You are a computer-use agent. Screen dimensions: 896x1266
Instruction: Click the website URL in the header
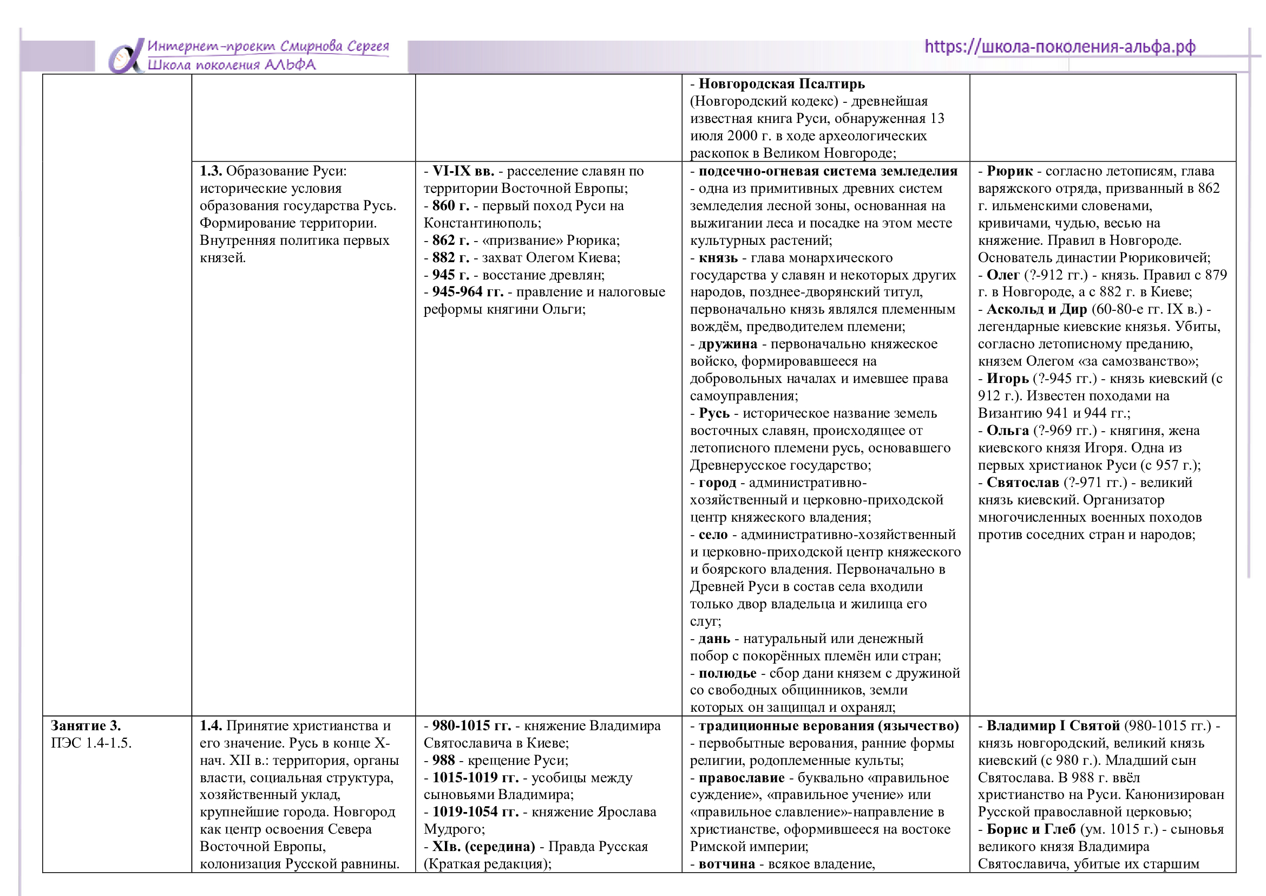(x=1059, y=47)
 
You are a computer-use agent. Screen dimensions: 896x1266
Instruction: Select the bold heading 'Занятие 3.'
(x=86, y=726)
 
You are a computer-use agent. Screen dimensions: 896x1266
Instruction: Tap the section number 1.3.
(x=211, y=172)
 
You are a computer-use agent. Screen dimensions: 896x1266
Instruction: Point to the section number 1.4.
(x=211, y=726)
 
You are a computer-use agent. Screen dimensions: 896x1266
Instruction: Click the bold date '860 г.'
(x=450, y=206)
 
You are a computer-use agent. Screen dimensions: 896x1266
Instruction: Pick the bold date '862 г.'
(x=450, y=241)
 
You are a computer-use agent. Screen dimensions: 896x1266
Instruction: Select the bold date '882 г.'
(x=450, y=258)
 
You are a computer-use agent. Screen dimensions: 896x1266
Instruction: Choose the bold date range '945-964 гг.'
(x=468, y=292)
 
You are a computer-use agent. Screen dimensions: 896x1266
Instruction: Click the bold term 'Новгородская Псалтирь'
(x=782, y=85)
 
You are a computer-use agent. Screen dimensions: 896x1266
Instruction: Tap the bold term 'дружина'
(x=727, y=345)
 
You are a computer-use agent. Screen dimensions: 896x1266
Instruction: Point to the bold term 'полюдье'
(x=727, y=673)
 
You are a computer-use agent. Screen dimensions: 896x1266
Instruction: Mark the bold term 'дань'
(x=714, y=639)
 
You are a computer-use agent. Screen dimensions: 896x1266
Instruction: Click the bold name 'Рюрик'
(x=1009, y=172)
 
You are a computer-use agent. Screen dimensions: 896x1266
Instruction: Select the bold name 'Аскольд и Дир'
(x=1037, y=309)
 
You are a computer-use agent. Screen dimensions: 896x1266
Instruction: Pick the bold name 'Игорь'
(x=1007, y=379)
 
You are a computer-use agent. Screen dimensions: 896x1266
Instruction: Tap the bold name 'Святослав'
(x=1022, y=483)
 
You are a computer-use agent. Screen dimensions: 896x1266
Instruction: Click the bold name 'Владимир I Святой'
(x=1053, y=726)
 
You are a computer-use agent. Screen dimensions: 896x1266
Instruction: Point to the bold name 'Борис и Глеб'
(x=1031, y=829)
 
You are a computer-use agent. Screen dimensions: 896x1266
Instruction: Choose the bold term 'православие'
(x=741, y=778)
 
